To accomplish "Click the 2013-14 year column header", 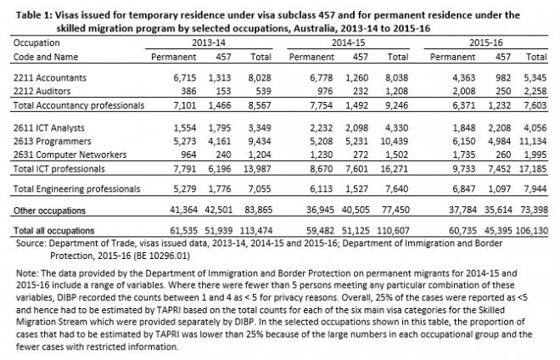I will click(x=208, y=39).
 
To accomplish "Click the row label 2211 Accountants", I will click(x=43, y=77).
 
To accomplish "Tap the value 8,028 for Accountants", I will click(x=260, y=77).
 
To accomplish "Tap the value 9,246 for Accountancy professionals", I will click(x=399, y=104).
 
